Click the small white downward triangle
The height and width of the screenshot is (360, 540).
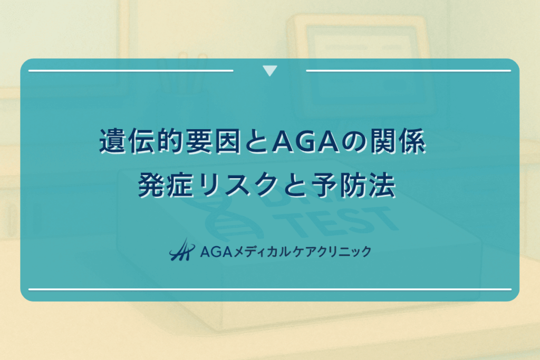pos(269,71)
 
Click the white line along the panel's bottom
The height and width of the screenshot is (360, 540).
pos(269,289)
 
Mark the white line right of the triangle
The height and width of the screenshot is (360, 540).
pos(408,70)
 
